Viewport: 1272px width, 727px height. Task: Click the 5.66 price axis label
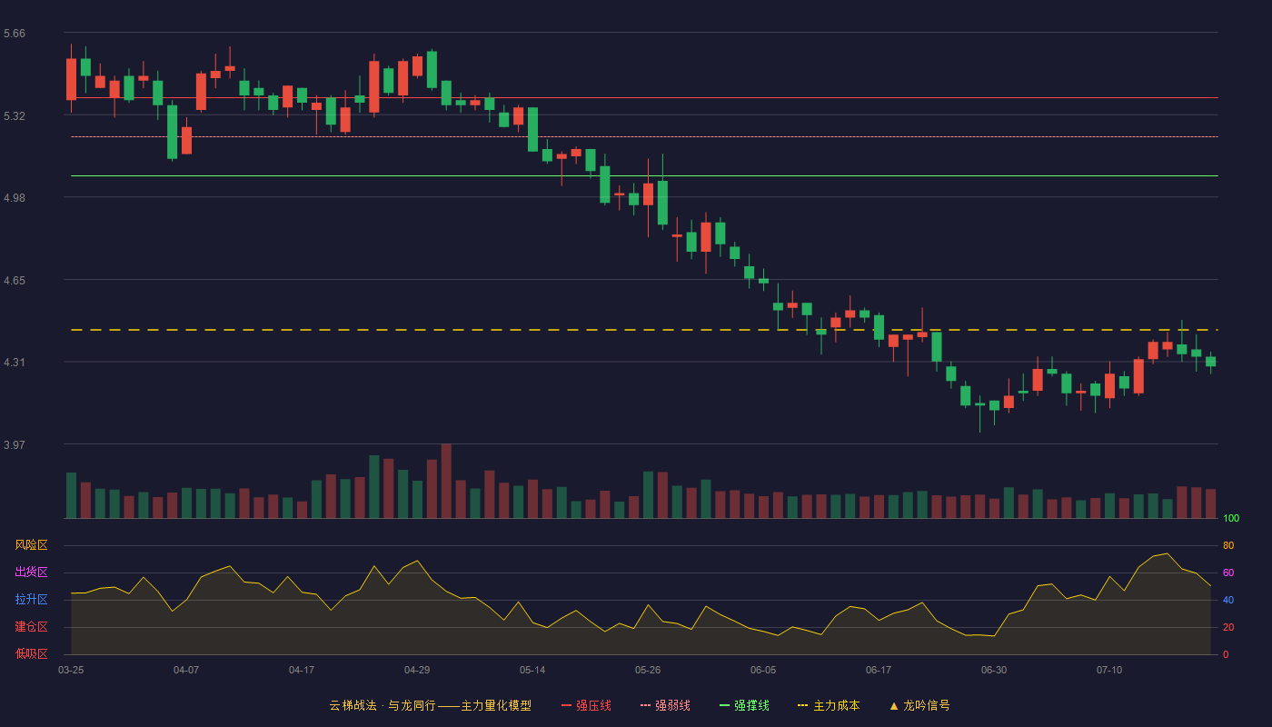15,34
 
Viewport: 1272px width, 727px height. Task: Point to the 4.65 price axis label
15,281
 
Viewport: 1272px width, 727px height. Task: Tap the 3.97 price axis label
15,444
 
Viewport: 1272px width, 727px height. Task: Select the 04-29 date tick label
417,671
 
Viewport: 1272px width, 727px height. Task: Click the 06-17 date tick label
879,671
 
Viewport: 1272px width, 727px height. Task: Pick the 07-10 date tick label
1109,671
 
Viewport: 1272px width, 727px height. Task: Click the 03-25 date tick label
71,671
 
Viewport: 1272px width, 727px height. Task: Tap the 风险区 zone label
31,545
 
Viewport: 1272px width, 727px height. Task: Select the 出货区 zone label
31,572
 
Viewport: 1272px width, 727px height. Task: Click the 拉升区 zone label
31,599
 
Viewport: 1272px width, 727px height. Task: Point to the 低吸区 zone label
31,653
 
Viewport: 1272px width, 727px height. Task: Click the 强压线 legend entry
586,705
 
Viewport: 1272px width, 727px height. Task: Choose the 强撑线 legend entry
744,705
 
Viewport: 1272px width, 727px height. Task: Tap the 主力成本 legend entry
829,705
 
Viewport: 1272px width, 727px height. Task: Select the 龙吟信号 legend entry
919,705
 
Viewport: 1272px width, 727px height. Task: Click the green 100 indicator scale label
1231,518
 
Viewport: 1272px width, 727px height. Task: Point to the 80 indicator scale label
1228,545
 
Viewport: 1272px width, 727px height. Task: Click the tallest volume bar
446,481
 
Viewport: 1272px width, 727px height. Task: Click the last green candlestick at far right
1210,362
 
